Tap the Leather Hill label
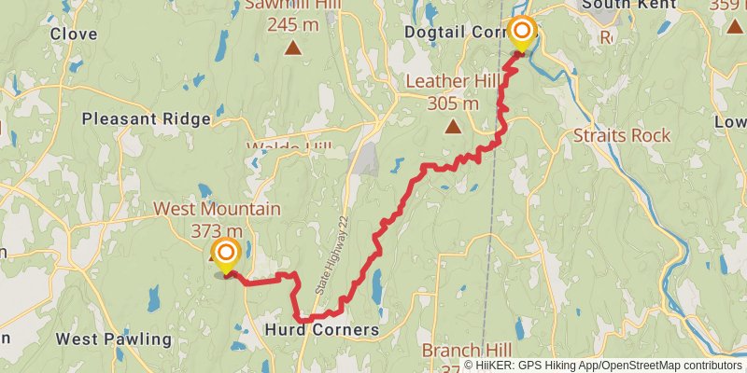451,82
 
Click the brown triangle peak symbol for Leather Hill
452,127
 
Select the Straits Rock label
622,135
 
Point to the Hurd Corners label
322,330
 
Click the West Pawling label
113,338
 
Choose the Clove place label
74,34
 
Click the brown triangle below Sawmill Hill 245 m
293,48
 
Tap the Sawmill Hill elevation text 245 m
293,25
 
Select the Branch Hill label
464,351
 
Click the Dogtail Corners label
458,33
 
